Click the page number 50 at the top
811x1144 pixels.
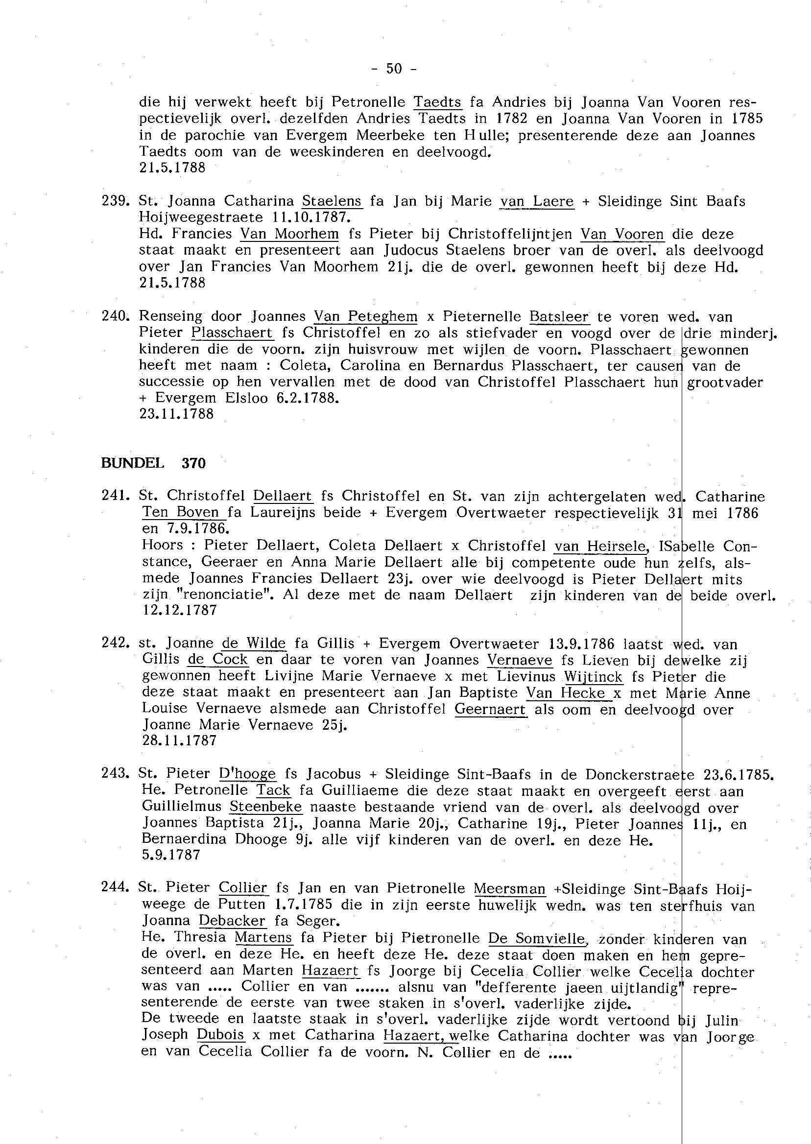tap(394, 69)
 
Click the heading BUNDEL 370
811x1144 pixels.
tap(153, 463)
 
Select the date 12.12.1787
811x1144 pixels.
tap(180, 610)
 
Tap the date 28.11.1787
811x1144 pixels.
tap(180, 740)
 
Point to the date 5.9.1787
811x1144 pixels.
tap(171, 855)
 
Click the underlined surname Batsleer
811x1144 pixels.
tap(559, 316)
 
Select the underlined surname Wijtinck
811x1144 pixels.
tap(593, 677)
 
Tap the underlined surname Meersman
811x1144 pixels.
tap(509, 888)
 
